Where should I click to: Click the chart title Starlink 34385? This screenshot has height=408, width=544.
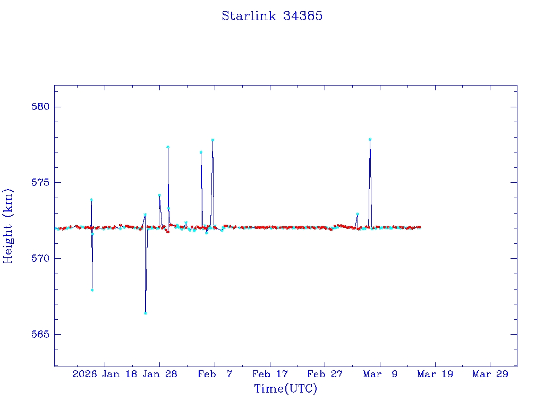(272, 16)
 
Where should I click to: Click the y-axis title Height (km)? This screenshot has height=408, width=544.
(8, 226)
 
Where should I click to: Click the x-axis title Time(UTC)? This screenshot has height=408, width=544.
(286, 389)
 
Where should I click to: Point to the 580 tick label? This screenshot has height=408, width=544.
(40, 107)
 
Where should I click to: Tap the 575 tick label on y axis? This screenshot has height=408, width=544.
(40, 183)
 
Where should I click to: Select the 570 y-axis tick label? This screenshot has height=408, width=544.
(40, 259)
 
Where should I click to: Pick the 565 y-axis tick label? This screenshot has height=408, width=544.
(40, 335)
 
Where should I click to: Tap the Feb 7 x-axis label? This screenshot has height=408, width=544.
(215, 374)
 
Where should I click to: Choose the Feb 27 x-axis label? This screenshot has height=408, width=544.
(325, 374)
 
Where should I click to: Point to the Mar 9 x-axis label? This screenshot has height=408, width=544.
(380, 374)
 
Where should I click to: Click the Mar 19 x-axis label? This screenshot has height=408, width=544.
(435, 374)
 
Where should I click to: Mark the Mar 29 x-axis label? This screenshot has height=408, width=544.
(490, 374)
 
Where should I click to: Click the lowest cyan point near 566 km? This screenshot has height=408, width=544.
(146, 313)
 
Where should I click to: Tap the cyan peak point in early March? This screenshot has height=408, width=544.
(370, 139)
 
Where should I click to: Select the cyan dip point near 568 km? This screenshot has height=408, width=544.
(92, 290)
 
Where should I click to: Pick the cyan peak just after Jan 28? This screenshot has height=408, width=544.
(168, 147)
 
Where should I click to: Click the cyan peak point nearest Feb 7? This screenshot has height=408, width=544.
(212, 140)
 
